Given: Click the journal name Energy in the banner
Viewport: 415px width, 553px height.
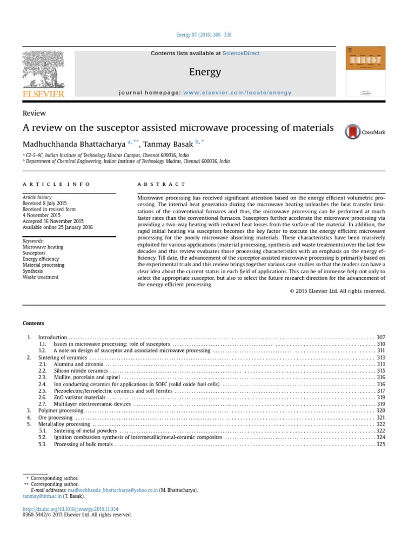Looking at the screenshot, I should point(205,72).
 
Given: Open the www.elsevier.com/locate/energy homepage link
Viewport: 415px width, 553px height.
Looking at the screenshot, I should point(230,92).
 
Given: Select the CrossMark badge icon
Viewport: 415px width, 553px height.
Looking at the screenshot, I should point(353,131).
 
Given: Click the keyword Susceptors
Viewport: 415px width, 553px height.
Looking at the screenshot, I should point(35,253).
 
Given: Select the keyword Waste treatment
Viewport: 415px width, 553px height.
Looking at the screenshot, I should point(41,276).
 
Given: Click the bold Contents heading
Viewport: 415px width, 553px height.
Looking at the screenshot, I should point(34,323).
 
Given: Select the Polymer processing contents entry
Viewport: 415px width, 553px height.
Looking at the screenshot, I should point(61,410).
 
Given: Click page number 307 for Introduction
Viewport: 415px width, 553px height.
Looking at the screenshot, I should point(380,337).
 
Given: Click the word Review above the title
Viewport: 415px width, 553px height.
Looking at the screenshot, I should point(34,113).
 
